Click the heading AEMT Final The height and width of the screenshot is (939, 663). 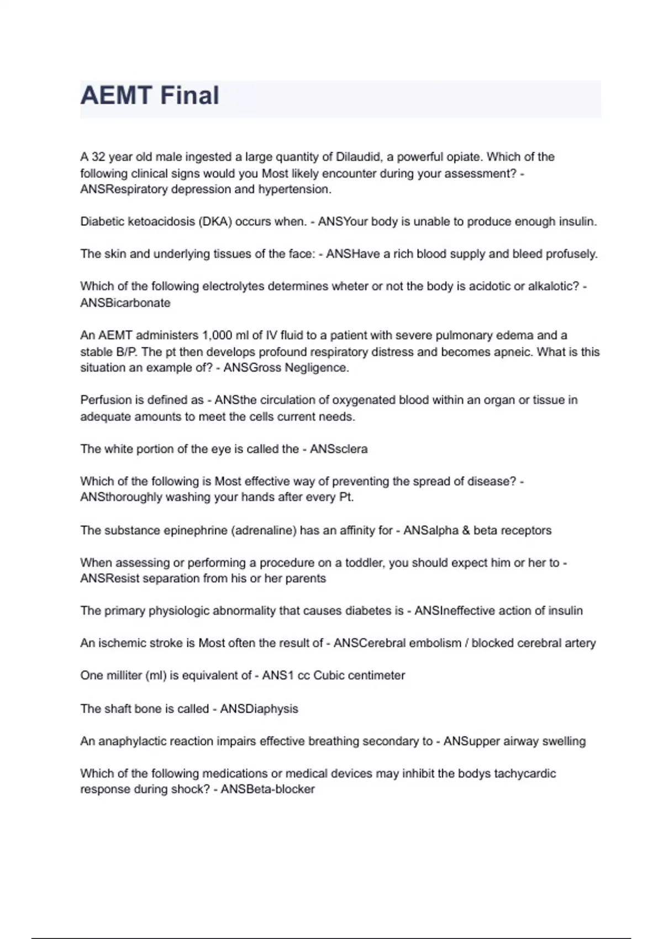tap(150, 96)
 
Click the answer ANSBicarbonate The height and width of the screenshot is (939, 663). tap(125, 303)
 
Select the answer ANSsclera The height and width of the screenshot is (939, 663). tap(339, 449)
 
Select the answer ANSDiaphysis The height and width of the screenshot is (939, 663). tap(259, 709)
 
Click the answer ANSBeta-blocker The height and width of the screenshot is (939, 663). tap(268, 789)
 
